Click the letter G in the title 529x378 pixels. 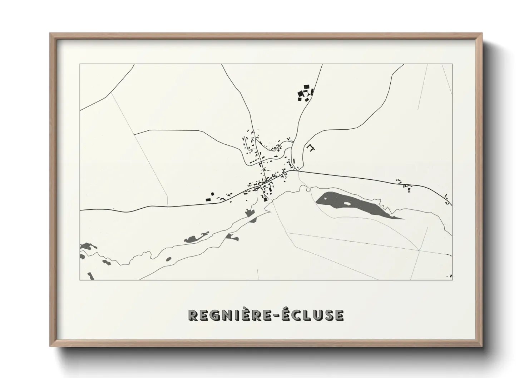click(x=213, y=315)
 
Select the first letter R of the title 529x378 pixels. click(x=193, y=315)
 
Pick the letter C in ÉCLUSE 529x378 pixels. click(x=298, y=315)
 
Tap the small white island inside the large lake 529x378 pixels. click(x=346, y=204)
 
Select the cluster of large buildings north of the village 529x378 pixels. click(x=305, y=93)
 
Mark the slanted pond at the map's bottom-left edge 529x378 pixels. click(x=90, y=276)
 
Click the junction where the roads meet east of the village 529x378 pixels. click(x=295, y=170)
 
